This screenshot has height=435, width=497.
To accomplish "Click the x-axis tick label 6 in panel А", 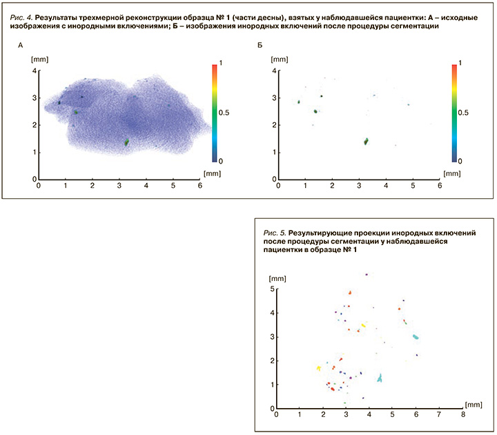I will click(x=200, y=186).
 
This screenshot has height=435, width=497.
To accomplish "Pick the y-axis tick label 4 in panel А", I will click(x=33, y=71).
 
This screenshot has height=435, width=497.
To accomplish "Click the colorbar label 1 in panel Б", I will click(x=460, y=64).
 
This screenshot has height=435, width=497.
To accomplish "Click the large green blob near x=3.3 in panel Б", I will click(x=366, y=142).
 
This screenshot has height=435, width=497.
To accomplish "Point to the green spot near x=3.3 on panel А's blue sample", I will click(x=127, y=142).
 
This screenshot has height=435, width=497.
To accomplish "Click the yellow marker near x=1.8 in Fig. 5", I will click(x=319, y=368).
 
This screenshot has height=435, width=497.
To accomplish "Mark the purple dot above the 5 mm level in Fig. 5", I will click(x=367, y=274).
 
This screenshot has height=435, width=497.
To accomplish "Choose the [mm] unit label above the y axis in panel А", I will click(x=39, y=60).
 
